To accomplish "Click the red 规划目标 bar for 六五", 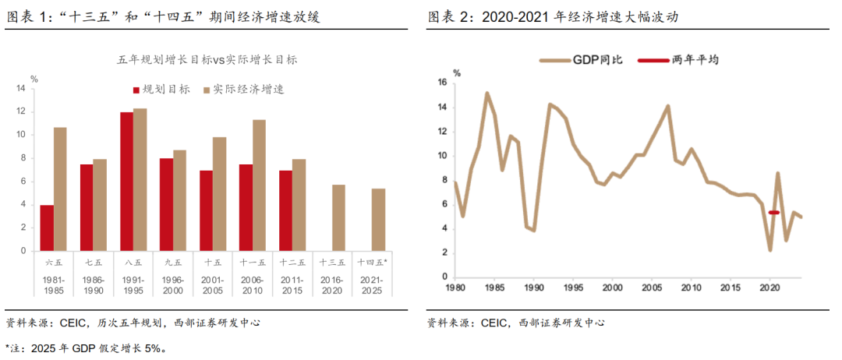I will pos(47,228).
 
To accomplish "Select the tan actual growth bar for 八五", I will pos(140,179).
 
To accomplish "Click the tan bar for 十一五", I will pos(259,185).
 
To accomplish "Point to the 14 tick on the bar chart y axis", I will pos(21,88).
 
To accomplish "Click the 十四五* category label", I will pos(372,263).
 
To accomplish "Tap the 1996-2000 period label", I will pos(173,284).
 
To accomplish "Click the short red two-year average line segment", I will pos(774,212).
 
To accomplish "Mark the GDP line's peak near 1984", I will pos(486,94).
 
